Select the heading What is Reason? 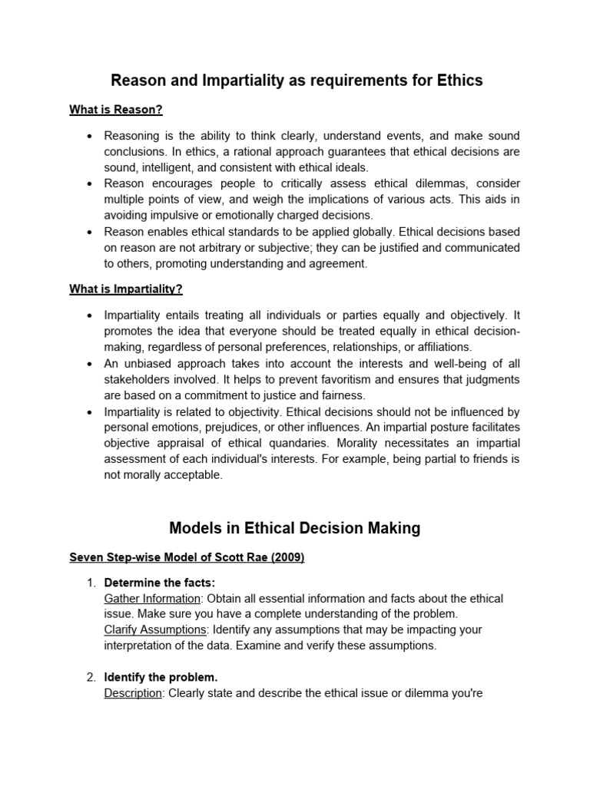coord(116,110)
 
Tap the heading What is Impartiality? coord(126,289)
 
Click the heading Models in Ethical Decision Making coord(295,528)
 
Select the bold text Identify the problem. coord(161,678)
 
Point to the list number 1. coord(90,583)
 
